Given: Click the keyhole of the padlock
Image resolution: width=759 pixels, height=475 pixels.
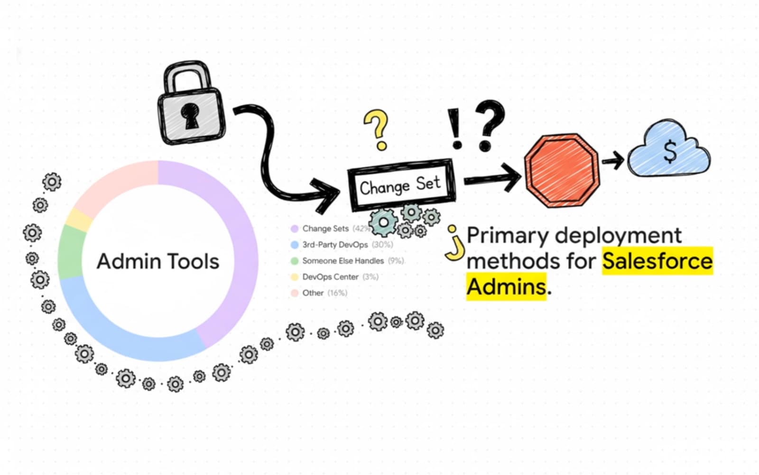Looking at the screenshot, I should click(191, 116).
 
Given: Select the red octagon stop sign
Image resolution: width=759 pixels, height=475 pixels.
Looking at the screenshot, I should click(562, 171).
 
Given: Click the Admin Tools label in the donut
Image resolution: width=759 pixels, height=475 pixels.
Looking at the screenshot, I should click(158, 262).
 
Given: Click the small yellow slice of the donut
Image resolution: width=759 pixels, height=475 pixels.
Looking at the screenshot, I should click(79, 219).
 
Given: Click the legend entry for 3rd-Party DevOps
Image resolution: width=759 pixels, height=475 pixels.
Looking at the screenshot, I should click(335, 245).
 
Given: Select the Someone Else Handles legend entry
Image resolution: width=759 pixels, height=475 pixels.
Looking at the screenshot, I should click(343, 261).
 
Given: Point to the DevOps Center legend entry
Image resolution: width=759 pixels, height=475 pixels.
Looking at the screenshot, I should click(330, 277).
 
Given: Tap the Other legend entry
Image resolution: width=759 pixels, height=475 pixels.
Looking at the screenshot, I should click(313, 293).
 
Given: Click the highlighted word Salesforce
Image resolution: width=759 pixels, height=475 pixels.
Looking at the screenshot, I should click(657, 261).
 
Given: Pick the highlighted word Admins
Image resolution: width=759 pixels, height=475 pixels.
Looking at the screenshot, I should click(506, 286).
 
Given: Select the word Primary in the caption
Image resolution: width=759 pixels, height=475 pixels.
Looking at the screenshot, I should click(508, 236).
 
